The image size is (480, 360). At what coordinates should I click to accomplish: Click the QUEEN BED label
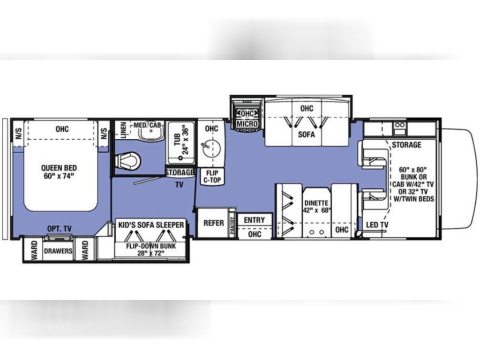pos(59,168)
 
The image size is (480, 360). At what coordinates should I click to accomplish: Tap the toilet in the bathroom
pos(128,161)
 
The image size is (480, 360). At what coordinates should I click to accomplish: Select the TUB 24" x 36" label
pos(181,139)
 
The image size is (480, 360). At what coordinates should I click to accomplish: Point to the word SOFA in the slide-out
pos(307,134)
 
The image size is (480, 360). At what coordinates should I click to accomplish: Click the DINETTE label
pos(316,203)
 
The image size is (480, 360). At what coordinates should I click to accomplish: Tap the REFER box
pos(214,223)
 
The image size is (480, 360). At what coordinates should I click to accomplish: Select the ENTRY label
pos(255,220)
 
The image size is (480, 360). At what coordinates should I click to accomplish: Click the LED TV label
pos(377,225)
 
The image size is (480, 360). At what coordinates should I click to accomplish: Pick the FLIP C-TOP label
pos(212,177)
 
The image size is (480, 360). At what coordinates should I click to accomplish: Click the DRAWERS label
pos(58,251)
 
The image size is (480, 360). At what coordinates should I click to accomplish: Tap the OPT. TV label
pos(60,229)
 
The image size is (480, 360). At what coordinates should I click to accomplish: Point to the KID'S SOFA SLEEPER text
pos(151,225)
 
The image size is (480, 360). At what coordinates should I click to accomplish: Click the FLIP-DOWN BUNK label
pos(151,246)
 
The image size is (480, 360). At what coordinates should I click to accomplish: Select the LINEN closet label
pos(123,130)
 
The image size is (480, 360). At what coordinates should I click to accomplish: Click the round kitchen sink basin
pos(211,149)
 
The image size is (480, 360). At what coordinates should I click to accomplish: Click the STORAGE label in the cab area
pos(406,145)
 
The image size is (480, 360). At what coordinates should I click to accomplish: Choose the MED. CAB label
pos(147,125)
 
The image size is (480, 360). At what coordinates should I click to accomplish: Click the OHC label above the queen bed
pos(62,129)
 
